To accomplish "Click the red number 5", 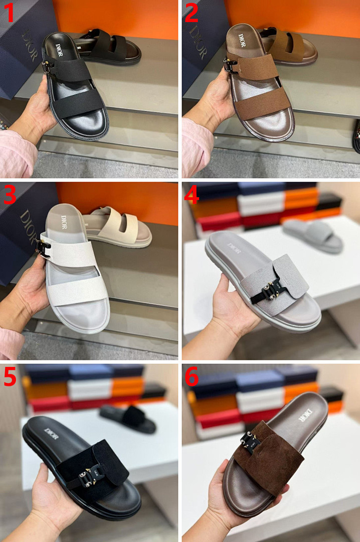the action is click(x=10, y=376).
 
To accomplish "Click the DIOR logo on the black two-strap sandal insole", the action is click(x=59, y=47).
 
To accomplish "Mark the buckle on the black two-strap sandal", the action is click(x=47, y=66).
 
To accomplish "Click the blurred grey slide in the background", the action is click(x=313, y=236).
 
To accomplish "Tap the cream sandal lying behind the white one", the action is click(x=117, y=226).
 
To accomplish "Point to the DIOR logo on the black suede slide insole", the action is click(x=52, y=434).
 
